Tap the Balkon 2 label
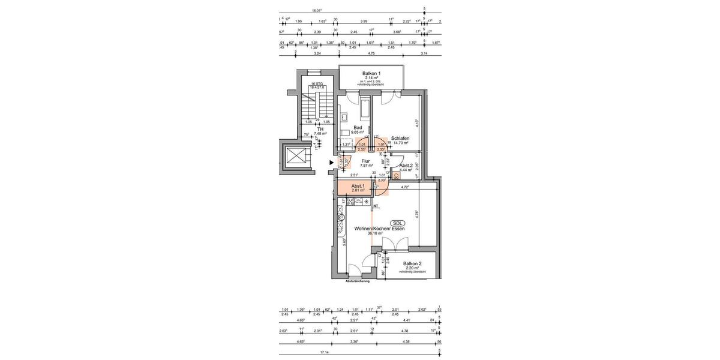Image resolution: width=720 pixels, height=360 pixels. pos(412,263)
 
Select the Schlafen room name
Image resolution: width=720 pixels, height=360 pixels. pos(400,138)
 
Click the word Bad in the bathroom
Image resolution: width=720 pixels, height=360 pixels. pos(358,127)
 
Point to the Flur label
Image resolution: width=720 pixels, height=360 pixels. pos(365,161)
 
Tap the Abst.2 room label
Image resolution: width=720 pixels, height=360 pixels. pos(406,166)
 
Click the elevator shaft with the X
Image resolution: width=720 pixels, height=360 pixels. pos(297,157)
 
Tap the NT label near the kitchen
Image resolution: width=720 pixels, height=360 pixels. pos(376,206)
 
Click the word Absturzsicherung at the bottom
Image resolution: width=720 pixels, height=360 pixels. pos(358,281)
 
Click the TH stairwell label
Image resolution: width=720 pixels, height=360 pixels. pos(320,129)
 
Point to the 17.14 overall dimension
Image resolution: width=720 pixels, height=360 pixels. pos(325,352)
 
